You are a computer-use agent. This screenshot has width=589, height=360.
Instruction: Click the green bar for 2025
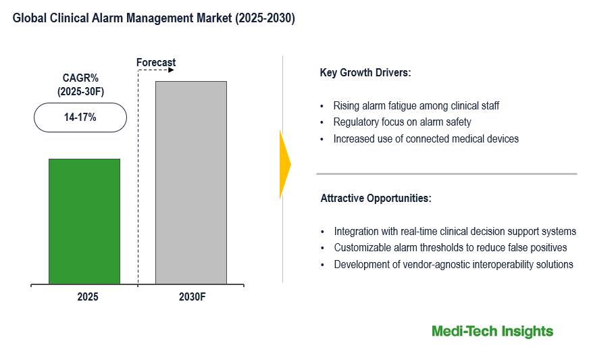tap(84, 221)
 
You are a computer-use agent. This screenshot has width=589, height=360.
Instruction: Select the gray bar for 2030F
tap(190, 182)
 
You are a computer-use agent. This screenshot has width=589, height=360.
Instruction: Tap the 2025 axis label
tap(87, 296)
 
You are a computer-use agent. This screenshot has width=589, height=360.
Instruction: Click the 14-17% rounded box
tap(80, 117)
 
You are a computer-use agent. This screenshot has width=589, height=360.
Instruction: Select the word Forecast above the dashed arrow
tap(156, 63)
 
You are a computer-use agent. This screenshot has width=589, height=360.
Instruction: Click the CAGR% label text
tap(80, 78)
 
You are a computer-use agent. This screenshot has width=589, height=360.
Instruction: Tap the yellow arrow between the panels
tap(284, 164)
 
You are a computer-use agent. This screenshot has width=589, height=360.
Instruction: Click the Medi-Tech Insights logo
tap(492, 331)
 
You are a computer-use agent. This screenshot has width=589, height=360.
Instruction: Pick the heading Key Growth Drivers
tap(365, 73)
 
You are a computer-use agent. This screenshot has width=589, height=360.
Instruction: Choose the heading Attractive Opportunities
tap(375, 199)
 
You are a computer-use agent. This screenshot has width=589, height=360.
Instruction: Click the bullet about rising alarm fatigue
tap(416, 106)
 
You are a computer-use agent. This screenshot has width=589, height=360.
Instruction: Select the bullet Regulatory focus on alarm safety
tap(402, 122)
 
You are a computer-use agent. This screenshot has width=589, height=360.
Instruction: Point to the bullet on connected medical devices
tap(426, 139)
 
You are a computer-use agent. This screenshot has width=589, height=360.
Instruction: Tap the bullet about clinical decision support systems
tap(455, 231)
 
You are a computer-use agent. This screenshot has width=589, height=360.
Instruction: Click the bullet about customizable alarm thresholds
tap(450, 248)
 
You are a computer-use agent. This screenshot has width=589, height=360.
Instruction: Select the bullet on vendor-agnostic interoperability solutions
tap(453, 264)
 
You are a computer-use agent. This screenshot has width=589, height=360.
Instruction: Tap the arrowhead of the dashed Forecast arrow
tap(172, 70)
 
